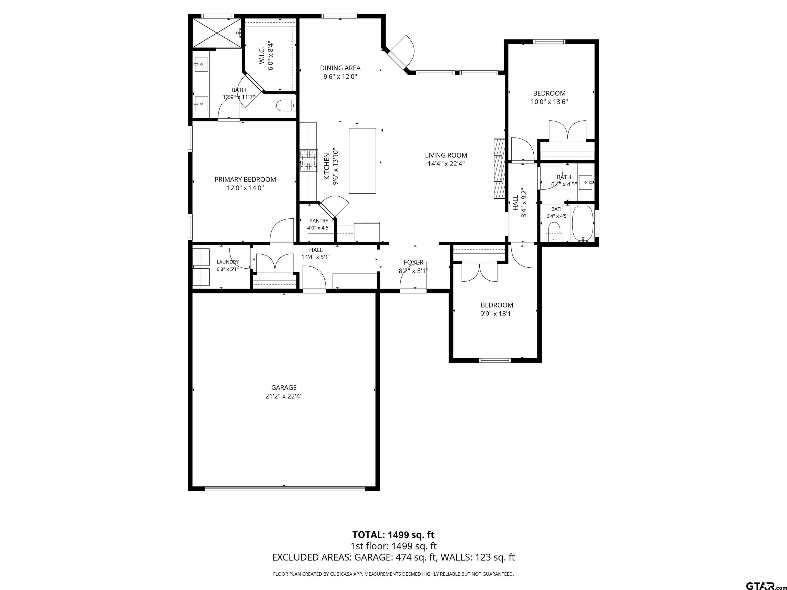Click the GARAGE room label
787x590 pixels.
(x=284, y=387)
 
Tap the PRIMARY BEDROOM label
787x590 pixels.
(x=245, y=180)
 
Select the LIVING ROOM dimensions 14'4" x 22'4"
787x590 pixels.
(x=446, y=164)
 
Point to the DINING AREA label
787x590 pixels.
(x=340, y=68)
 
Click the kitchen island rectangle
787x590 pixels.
(x=362, y=161)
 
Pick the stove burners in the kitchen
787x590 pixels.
(x=308, y=161)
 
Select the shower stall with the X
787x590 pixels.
(x=217, y=33)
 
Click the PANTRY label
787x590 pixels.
(x=319, y=221)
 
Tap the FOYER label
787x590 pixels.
(x=413, y=262)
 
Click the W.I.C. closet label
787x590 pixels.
(x=262, y=56)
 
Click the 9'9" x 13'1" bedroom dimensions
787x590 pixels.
(x=497, y=314)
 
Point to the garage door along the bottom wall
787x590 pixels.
(x=285, y=488)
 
